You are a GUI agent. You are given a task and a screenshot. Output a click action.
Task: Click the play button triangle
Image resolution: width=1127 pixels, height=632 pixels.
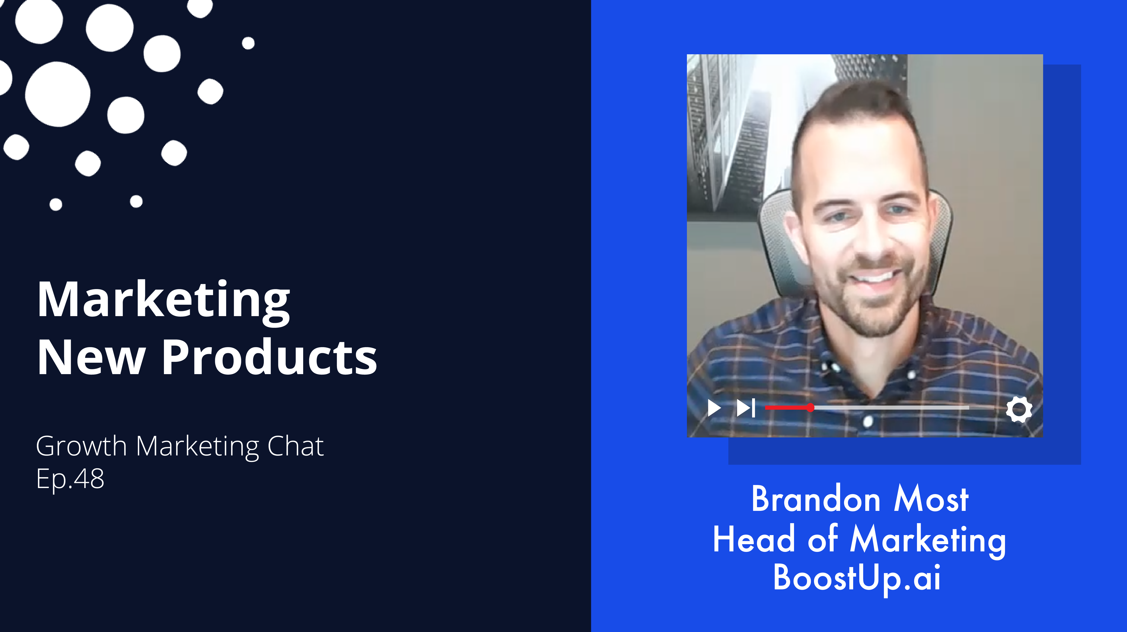coord(714,408)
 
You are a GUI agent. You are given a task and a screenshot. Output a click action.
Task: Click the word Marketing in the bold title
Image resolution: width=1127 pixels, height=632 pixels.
coord(164,301)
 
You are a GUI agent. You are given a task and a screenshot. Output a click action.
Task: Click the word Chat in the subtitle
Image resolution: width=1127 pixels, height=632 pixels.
coord(296,446)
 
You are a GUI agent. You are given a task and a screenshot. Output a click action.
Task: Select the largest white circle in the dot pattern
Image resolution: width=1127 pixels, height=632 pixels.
coord(57,94)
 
